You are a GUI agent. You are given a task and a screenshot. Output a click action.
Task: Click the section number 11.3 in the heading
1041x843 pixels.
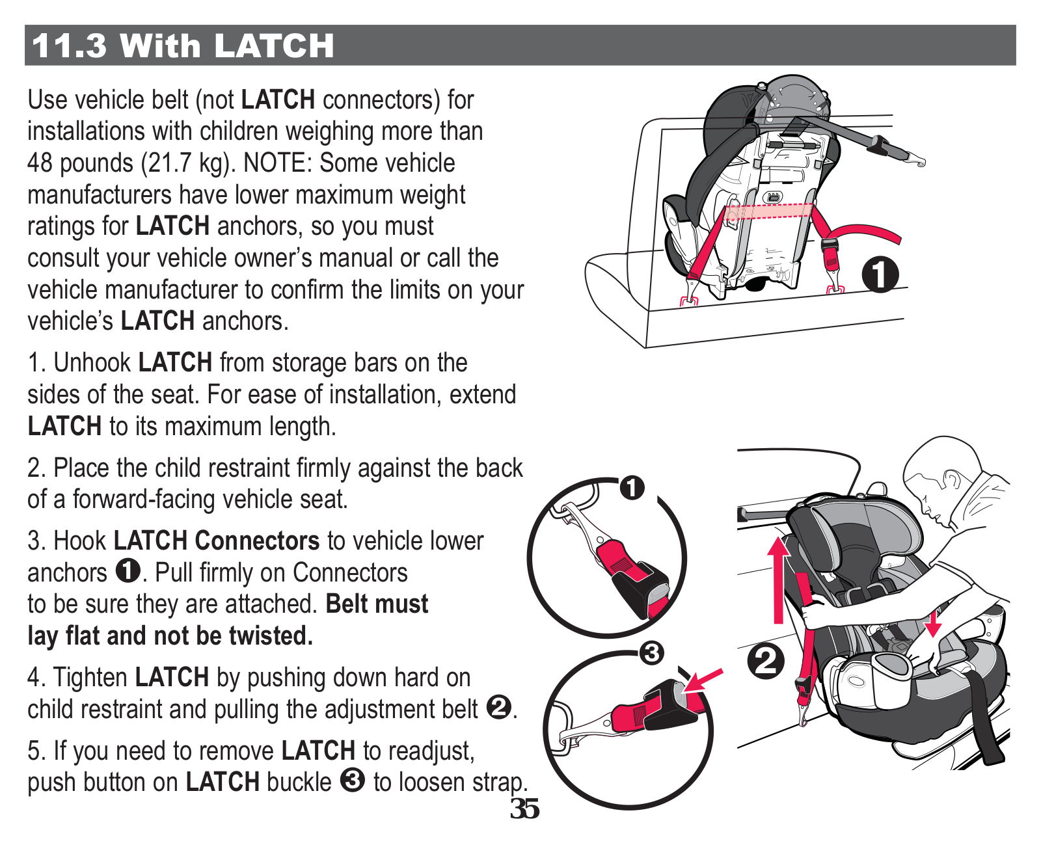click(69, 46)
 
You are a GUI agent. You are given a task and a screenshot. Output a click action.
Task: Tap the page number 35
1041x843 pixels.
click(524, 809)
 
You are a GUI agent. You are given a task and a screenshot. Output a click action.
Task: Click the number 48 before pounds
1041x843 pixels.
click(40, 163)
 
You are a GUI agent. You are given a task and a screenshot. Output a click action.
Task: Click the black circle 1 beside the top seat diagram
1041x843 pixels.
click(880, 274)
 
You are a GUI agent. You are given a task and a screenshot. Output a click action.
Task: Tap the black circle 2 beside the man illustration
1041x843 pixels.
click(766, 662)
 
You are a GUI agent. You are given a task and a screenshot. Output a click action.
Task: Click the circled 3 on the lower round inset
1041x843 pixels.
click(651, 652)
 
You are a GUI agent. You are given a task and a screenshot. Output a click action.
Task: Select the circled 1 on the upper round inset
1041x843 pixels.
click(632, 487)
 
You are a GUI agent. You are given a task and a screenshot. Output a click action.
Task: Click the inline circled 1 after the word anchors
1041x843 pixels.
click(128, 571)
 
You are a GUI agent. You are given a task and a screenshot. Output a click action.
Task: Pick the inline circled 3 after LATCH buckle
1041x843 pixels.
click(352, 781)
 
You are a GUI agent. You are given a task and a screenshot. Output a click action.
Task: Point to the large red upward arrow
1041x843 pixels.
click(779, 579)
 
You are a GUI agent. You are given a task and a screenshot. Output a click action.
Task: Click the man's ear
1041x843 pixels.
click(952, 479)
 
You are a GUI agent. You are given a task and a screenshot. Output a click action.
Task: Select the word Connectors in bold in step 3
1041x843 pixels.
click(257, 541)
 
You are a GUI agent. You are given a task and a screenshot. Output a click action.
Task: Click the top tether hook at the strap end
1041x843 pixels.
click(916, 160)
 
